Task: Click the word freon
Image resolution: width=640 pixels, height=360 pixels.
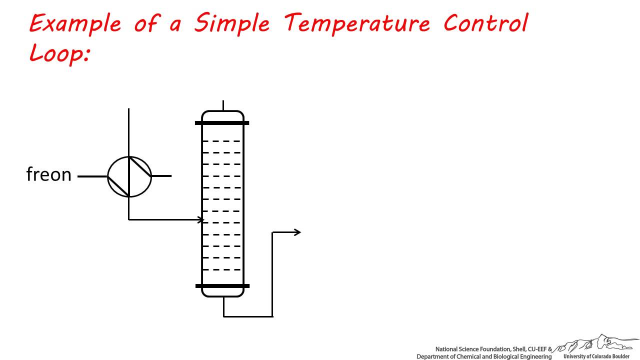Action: [x=49, y=174]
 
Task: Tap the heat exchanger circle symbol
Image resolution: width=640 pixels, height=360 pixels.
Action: [x=108, y=176]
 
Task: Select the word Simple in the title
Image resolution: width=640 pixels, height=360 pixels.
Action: [x=232, y=23]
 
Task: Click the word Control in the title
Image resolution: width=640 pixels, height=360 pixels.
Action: [x=485, y=23]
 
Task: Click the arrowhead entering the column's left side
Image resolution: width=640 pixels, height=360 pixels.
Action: [x=200, y=219]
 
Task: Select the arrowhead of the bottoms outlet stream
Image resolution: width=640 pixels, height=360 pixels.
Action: [x=297, y=232]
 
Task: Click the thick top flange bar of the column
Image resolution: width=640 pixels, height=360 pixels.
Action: [x=222, y=123]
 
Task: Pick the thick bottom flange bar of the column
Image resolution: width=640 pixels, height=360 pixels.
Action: [x=222, y=286]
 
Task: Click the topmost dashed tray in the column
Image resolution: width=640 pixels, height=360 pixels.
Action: [x=221, y=141]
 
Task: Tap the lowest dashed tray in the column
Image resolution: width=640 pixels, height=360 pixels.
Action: [x=221, y=269]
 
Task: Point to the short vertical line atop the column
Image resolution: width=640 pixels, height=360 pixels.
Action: [x=223, y=105]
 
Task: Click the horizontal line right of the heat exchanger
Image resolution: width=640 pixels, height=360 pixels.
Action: [x=161, y=176]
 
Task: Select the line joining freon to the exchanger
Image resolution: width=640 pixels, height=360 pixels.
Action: [x=92, y=176]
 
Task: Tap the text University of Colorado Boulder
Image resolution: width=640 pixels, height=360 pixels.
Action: [x=596, y=356]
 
